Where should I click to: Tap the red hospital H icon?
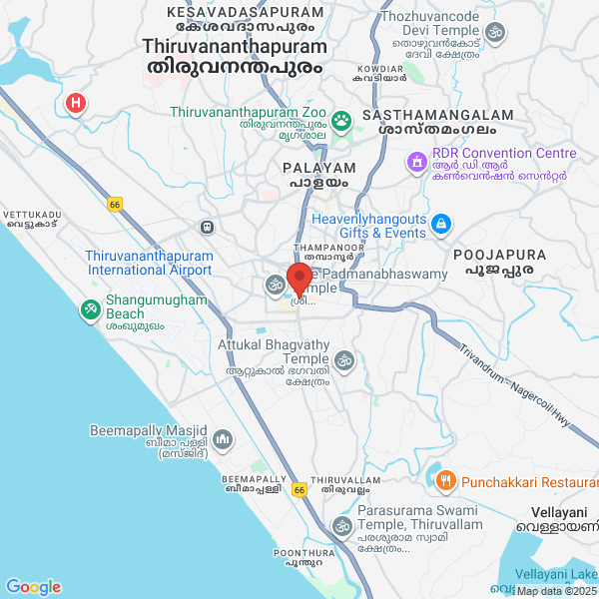click(75, 103)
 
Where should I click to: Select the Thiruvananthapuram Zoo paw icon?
click(342, 121)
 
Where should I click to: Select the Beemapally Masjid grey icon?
click(222, 438)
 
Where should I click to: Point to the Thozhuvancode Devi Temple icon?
click(494, 32)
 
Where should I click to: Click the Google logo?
click(33, 587)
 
